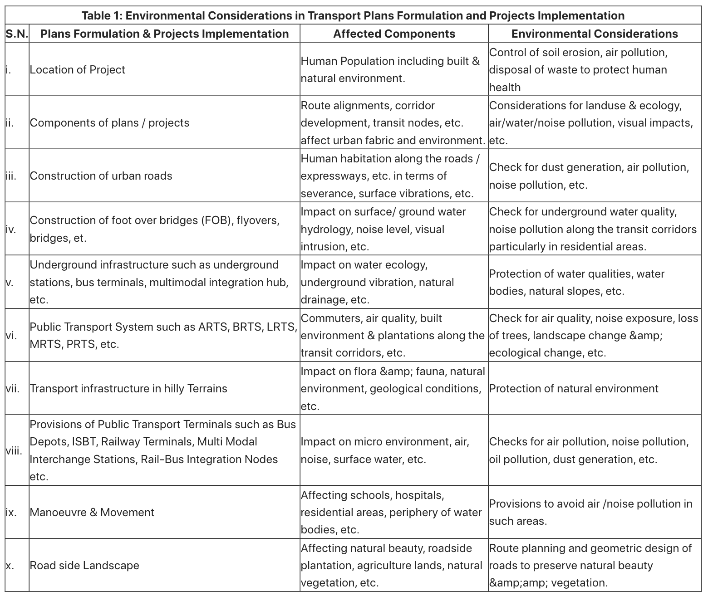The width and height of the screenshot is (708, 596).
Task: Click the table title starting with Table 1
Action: coord(353,15)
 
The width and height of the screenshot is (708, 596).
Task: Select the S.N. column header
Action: coord(17,34)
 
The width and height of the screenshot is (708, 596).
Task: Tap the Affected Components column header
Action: coord(394,34)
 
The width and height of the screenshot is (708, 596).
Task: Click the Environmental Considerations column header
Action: coord(595,34)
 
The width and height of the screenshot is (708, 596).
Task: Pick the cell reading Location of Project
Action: coord(78,70)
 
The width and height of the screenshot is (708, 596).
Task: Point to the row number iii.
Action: coord(11,176)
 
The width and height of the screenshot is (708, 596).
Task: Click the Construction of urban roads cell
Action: coord(101,176)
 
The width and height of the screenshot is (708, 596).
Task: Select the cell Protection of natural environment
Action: coord(574,389)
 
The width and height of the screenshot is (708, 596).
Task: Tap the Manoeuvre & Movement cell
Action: coord(92,513)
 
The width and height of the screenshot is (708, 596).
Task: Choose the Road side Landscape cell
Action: coord(84,566)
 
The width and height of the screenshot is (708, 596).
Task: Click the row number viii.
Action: coord(14,450)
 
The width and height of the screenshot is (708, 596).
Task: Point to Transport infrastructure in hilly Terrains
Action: coord(128,389)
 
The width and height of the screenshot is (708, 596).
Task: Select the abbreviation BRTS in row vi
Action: coord(248,327)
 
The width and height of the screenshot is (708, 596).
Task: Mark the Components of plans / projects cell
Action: coord(110,123)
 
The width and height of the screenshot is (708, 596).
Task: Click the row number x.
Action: coord(10,566)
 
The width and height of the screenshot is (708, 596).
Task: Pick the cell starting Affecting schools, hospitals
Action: coord(391,513)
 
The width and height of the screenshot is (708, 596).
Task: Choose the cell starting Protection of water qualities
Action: coord(576,283)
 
